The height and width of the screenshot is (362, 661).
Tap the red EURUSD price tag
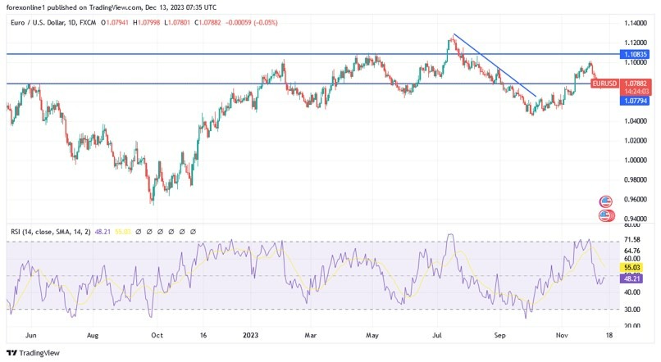[x=604, y=84]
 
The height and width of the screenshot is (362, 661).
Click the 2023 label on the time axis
[x=249, y=335]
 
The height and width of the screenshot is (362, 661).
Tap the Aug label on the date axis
[x=93, y=335]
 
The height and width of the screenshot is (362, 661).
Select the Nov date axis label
[x=563, y=335]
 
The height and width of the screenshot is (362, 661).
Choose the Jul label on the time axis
[x=437, y=335]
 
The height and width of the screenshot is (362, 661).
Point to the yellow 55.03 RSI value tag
[x=632, y=268]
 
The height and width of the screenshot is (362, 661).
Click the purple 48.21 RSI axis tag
[x=632, y=279]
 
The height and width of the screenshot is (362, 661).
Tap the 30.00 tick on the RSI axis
[x=632, y=309]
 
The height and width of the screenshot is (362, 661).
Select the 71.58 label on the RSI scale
[x=632, y=240]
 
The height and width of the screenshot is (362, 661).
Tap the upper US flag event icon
[x=606, y=201]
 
